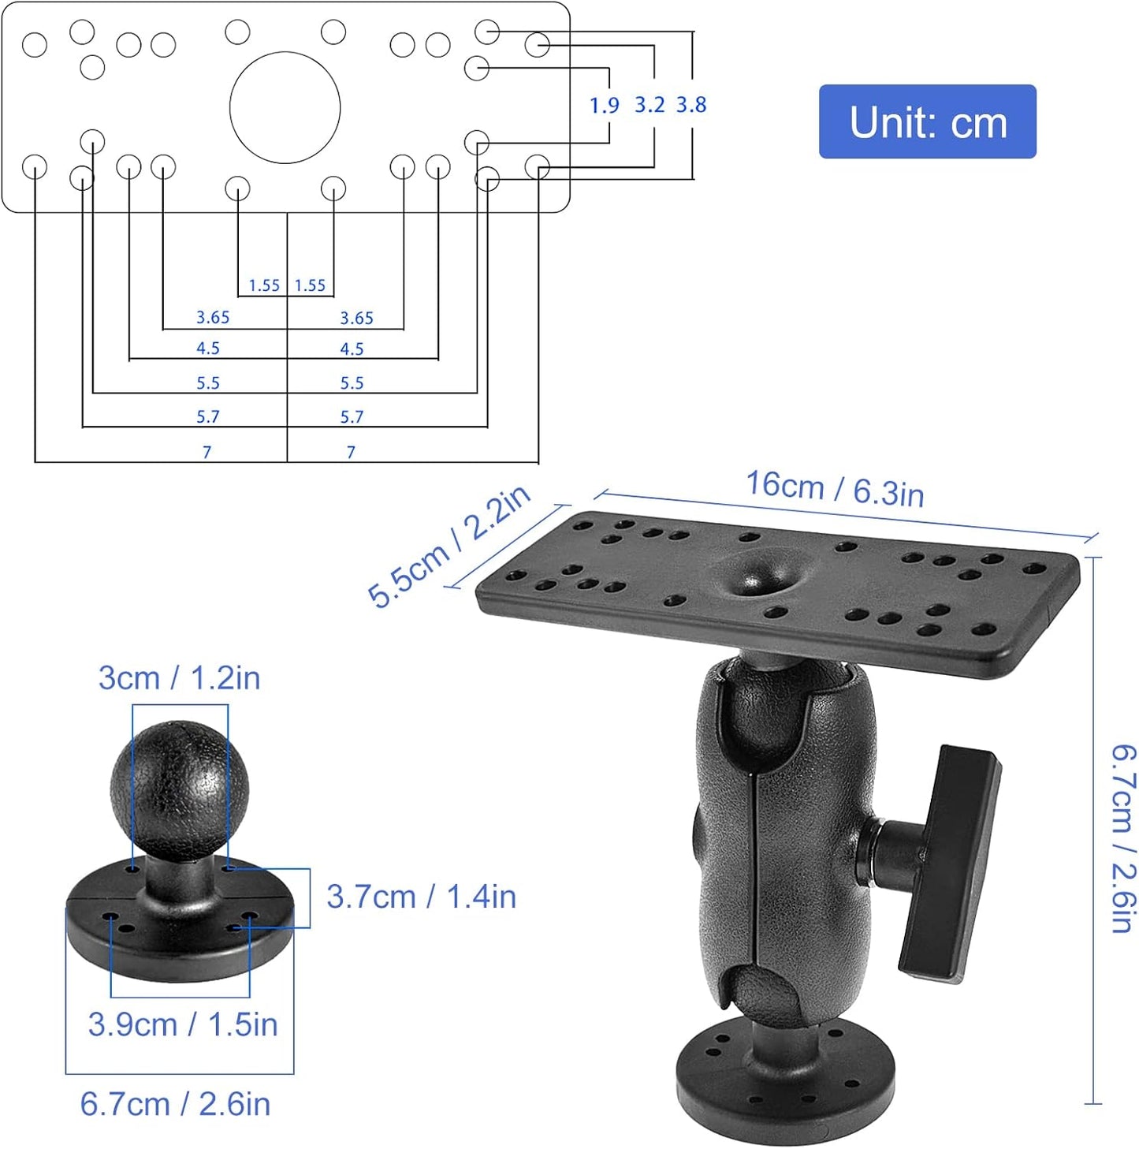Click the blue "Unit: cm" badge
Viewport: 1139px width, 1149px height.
click(x=927, y=122)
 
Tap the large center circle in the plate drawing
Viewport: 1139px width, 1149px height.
click(x=285, y=108)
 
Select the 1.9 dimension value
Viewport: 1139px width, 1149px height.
click(x=605, y=105)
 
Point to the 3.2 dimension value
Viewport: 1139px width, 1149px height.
click(x=650, y=105)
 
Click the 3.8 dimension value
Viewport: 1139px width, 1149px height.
click(x=691, y=105)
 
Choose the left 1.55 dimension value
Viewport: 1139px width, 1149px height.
click(x=264, y=285)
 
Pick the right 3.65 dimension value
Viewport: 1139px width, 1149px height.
click(x=356, y=318)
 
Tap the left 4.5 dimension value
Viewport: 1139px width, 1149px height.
click(x=208, y=349)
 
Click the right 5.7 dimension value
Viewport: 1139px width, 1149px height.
click(x=352, y=416)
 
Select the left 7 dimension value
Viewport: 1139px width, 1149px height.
click(x=207, y=452)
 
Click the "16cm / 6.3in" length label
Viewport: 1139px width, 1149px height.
click(x=835, y=489)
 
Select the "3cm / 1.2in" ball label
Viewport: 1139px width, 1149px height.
click(x=179, y=678)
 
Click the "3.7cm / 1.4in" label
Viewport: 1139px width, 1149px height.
click(x=421, y=897)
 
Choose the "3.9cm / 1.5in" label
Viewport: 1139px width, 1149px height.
click(x=183, y=1024)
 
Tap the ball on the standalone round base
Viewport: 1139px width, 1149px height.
click(x=180, y=789)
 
